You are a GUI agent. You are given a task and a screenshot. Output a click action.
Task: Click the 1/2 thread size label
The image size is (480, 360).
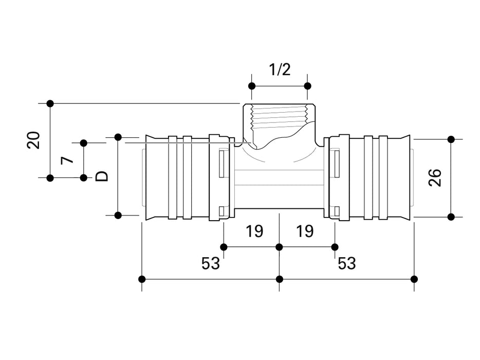tap(280, 69)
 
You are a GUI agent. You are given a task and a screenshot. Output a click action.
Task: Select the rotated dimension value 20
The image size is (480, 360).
tap(34, 140)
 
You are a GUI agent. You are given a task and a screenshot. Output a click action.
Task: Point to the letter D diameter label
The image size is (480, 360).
tap(102, 176)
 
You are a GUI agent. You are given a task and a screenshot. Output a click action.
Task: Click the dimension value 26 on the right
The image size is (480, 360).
tap(435, 177)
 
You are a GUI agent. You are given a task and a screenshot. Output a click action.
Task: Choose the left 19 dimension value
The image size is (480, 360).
tap(253, 231)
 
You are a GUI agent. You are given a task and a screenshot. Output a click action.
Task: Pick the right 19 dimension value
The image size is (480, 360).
tap(305, 231)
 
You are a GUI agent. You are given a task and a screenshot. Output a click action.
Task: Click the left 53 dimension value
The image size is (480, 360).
tap(211, 263)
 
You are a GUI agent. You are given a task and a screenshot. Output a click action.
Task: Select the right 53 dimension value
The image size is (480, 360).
tap(346, 263)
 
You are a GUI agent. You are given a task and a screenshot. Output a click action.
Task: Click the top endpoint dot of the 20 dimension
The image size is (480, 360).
tap(50, 103)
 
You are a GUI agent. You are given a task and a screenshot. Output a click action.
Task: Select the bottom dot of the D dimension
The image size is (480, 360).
tap(118, 215)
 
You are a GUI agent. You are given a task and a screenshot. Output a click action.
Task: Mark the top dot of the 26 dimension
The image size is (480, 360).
tap(451, 139)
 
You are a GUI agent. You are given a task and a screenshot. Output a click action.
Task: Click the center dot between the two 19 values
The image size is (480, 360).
tap(279, 247)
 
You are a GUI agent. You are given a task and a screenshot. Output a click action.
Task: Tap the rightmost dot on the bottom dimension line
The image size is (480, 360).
tap(415, 279)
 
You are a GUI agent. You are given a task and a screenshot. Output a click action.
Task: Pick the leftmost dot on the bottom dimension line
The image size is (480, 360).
tap(142, 279)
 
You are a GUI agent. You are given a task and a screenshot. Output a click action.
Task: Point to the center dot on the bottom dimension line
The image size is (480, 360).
tap(279, 279)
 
